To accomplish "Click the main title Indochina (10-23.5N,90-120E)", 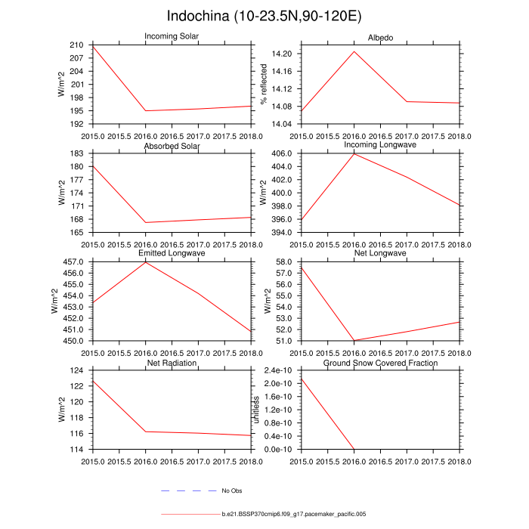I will click(x=264, y=17).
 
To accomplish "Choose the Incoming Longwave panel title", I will click(x=380, y=144).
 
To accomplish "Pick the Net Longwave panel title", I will click(x=380, y=254).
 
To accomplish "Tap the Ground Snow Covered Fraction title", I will click(x=380, y=363).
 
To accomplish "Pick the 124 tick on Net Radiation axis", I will click(x=77, y=370).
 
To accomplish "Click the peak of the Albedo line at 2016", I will click(x=354, y=51).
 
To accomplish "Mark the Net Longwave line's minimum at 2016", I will click(x=354, y=340).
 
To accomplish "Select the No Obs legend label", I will click(x=231, y=491).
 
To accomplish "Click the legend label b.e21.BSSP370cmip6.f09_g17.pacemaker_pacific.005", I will click(x=294, y=514).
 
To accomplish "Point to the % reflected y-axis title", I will click(x=264, y=85).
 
